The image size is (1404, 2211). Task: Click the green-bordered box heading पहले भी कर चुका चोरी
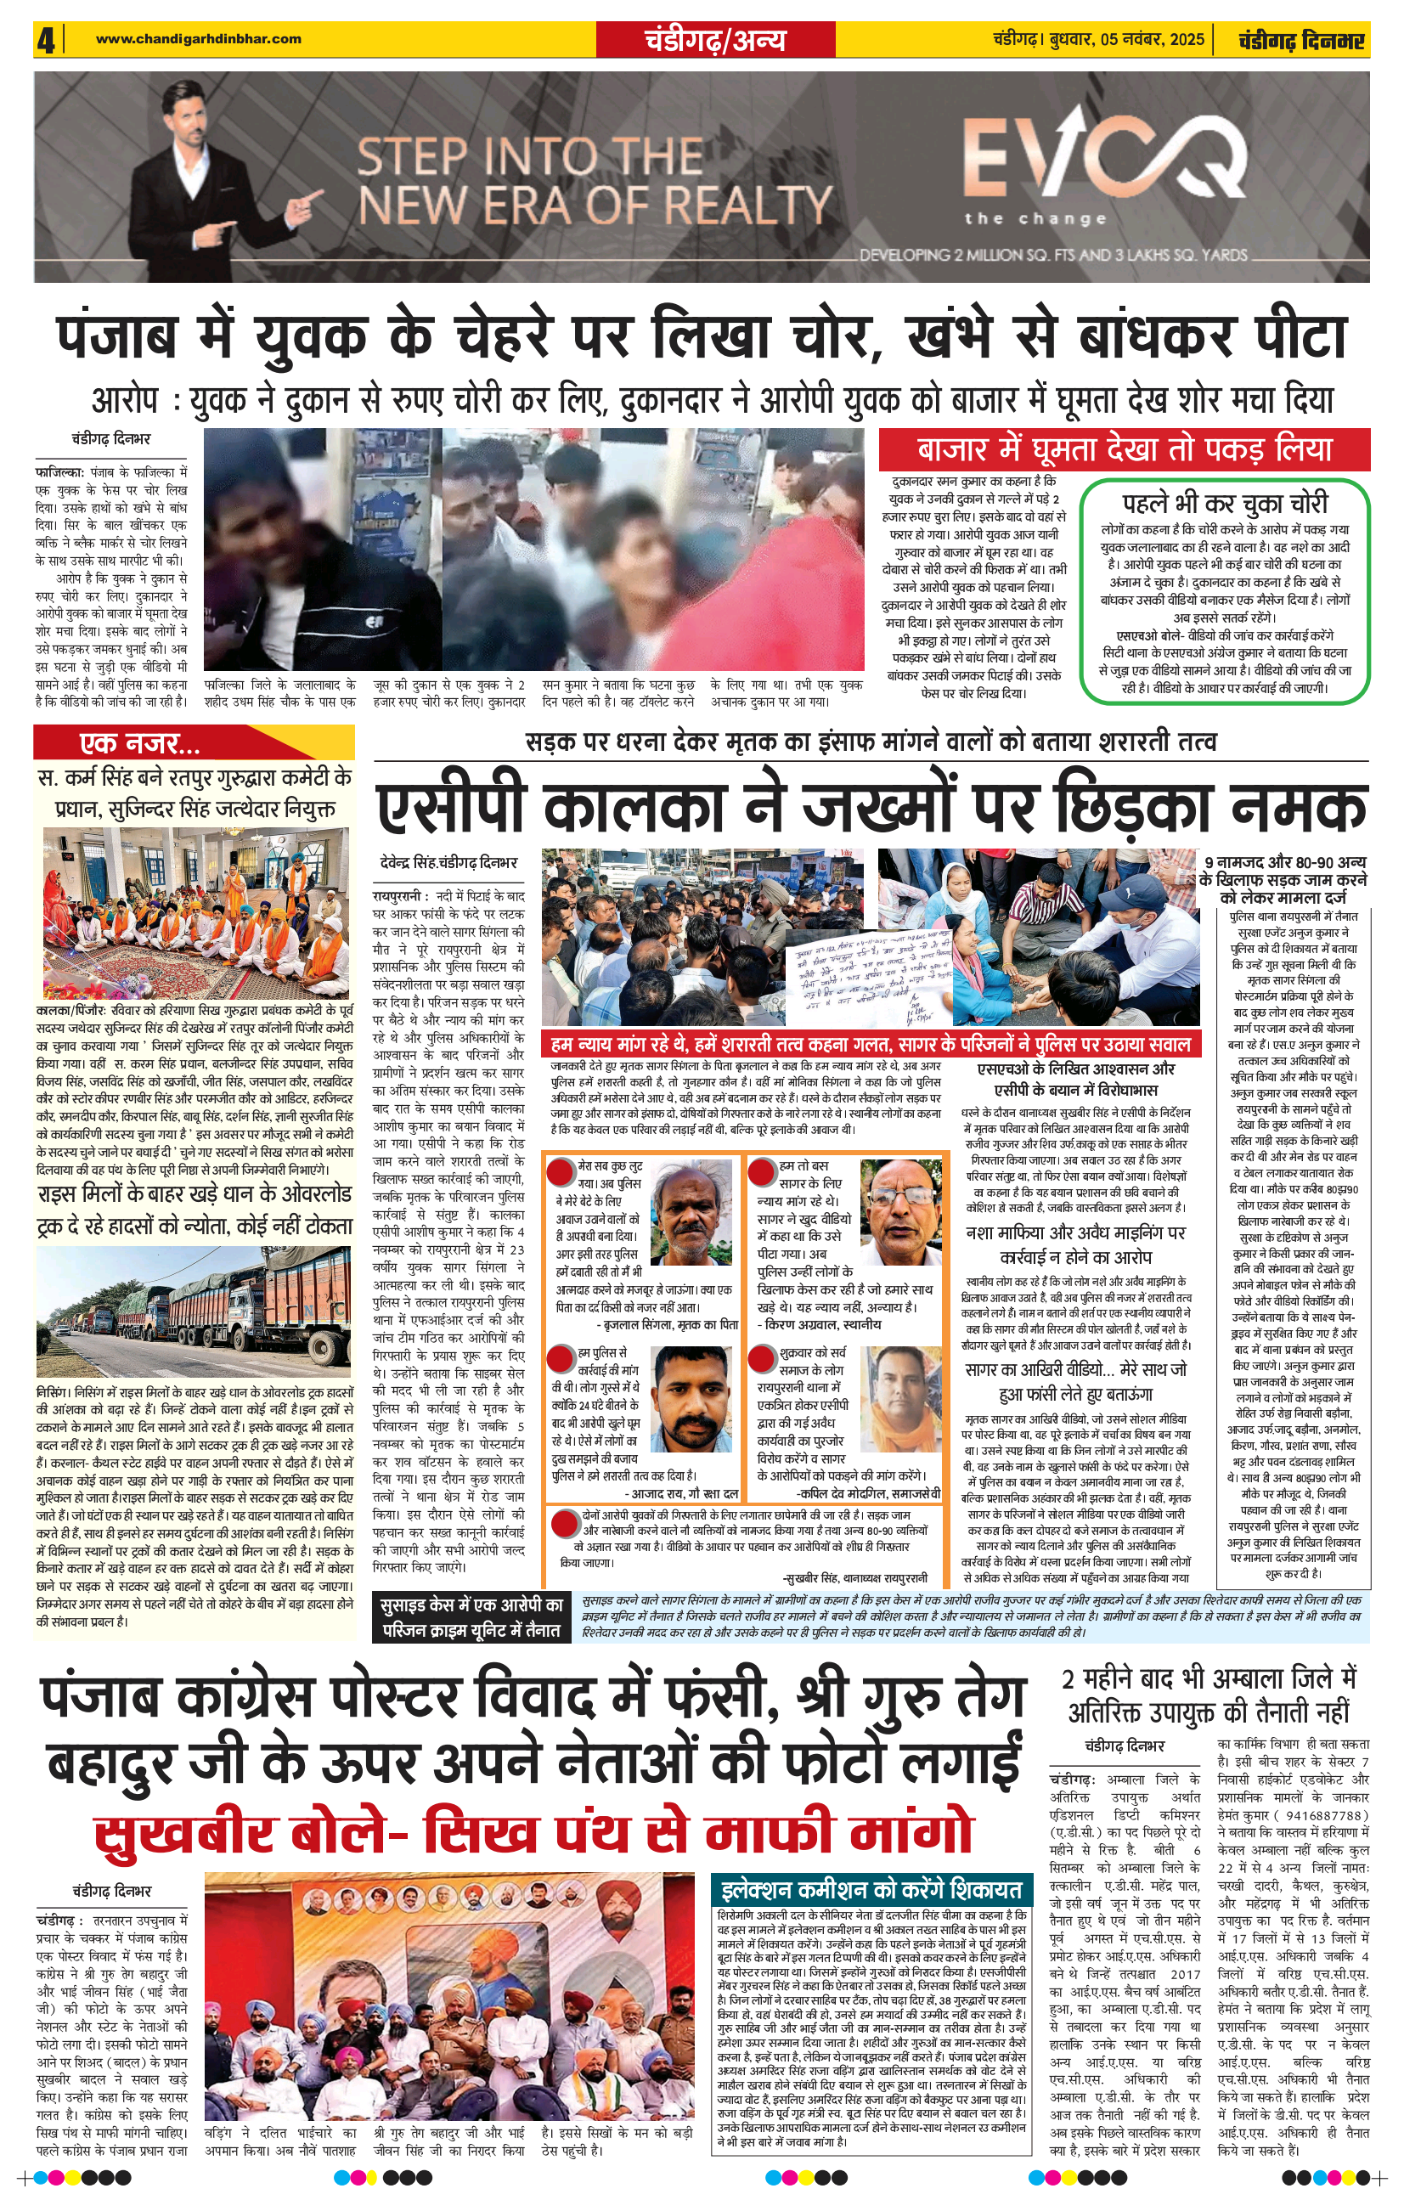click(1224, 503)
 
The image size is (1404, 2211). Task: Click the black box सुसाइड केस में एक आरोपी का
click(472, 1619)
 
